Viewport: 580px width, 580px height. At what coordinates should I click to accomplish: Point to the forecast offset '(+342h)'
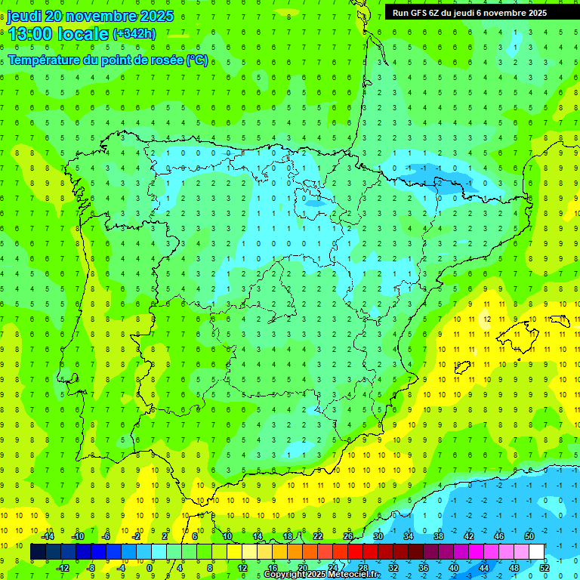pyautogui.click(x=134, y=34)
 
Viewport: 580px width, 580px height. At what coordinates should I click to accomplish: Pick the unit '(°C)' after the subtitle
pyautogui.click(x=197, y=60)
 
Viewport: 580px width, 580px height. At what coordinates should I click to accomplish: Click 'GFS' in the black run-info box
pyautogui.click(x=418, y=13)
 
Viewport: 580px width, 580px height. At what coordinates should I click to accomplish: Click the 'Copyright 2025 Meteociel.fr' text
pyautogui.click(x=322, y=575)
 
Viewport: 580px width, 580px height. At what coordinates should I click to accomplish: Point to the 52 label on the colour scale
pyautogui.click(x=545, y=568)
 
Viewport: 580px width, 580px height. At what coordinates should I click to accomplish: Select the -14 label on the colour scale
pyautogui.click(x=47, y=536)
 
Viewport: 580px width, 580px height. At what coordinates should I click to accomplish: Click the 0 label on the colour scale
pyautogui.click(x=150, y=568)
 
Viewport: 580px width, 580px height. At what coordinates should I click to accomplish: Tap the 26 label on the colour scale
pyautogui.click(x=348, y=536)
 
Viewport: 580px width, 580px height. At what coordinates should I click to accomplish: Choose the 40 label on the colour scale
pyautogui.click(x=453, y=568)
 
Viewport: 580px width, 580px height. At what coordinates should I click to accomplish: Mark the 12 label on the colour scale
pyautogui.click(x=242, y=568)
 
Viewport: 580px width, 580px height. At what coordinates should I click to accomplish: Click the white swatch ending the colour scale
pyautogui.click(x=537, y=552)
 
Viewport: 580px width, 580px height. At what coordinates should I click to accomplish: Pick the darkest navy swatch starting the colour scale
pyautogui.click(x=38, y=552)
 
